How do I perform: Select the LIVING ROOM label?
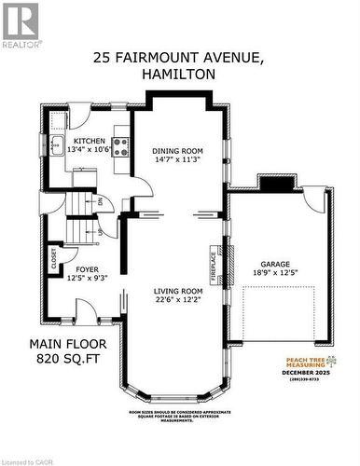tap(178, 291)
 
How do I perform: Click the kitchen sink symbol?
tap(56, 144)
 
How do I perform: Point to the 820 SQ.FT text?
tap(66, 356)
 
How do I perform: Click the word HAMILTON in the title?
tap(179, 74)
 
